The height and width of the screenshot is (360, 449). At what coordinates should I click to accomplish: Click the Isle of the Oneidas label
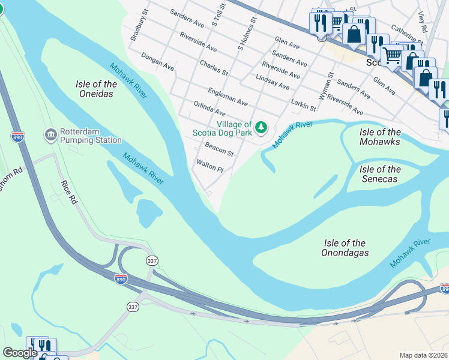(x=97, y=89)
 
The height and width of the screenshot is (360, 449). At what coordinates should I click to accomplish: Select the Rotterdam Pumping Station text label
(x=90, y=136)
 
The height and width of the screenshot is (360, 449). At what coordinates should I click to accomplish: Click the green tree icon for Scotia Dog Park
(x=261, y=127)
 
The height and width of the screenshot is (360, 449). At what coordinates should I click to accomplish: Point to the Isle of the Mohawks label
(x=380, y=137)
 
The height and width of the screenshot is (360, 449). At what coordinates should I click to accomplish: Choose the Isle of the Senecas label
(x=381, y=174)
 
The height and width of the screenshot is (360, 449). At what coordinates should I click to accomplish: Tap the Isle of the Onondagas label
(x=345, y=248)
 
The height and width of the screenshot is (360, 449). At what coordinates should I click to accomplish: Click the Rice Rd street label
(x=69, y=192)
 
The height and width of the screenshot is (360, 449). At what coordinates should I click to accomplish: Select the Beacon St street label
(x=218, y=149)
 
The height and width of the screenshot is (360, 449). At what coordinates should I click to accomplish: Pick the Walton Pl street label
(x=209, y=166)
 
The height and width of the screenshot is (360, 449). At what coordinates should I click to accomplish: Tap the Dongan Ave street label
(x=157, y=63)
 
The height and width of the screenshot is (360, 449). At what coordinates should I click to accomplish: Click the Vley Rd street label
(x=423, y=21)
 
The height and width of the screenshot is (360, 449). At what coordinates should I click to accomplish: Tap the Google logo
(x=20, y=353)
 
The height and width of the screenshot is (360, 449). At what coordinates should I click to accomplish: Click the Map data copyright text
(x=424, y=355)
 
